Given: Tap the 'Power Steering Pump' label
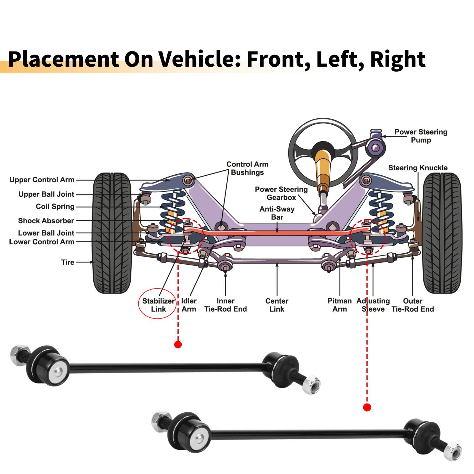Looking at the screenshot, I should click(x=421, y=136).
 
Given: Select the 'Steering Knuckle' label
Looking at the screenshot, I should click(x=418, y=168).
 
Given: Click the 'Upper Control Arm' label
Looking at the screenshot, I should click(x=42, y=180).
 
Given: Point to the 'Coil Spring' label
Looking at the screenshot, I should click(x=55, y=206).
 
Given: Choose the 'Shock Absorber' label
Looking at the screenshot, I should click(x=46, y=221).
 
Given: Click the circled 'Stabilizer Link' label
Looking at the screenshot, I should click(x=158, y=305).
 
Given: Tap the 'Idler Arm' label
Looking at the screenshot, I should click(x=189, y=305).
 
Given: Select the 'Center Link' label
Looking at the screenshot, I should click(x=277, y=305).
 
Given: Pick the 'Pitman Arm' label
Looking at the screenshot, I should click(x=340, y=305).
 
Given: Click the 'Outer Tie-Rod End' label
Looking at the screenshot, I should click(x=412, y=305).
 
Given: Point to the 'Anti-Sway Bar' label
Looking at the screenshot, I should click(x=277, y=213).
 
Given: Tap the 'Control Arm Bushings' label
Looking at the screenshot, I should click(x=247, y=168).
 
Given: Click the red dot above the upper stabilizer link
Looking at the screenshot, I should click(x=178, y=345).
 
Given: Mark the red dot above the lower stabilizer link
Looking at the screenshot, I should click(x=367, y=408).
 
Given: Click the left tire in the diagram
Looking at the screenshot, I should click(x=112, y=233).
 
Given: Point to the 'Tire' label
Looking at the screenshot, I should click(x=68, y=262).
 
